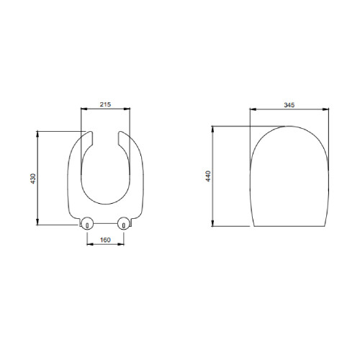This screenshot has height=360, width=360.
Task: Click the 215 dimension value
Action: pyautogui.click(x=105, y=104)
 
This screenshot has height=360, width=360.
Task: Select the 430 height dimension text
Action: pyautogui.click(x=33, y=179)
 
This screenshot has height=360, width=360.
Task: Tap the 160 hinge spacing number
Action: pyautogui.click(x=105, y=240)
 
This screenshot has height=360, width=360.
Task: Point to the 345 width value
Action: pyautogui.click(x=289, y=105)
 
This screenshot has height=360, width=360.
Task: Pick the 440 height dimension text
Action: pyautogui.click(x=208, y=176)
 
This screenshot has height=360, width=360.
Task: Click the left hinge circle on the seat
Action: pyautogui.click(x=87, y=223)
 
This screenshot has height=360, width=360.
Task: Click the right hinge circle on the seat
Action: pyautogui.click(x=124, y=223)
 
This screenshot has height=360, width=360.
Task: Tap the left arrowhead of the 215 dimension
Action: pyautogui.click(x=84, y=109)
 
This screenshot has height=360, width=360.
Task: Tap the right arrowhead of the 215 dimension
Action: pyautogui.click(x=127, y=109)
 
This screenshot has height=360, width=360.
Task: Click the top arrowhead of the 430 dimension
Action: pyautogui.click(x=37, y=134)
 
